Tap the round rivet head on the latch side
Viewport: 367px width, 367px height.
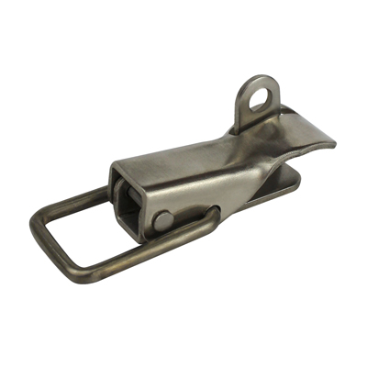pyautogui.click(x=161, y=221)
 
